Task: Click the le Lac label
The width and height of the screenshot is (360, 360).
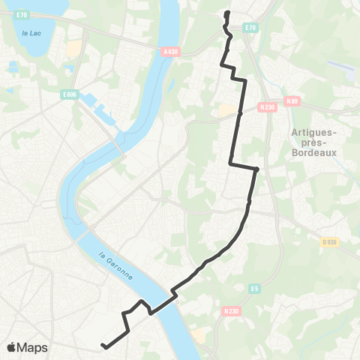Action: pyautogui.click(x=31, y=33)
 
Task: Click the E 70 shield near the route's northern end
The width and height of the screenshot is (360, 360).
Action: pyautogui.click(x=251, y=28)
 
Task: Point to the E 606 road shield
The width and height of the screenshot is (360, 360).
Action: pyautogui.click(x=70, y=94)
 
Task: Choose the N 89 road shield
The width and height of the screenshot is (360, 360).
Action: pyautogui.click(x=292, y=100)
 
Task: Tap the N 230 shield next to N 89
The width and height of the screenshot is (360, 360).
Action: pyautogui.click(x=265, y=107)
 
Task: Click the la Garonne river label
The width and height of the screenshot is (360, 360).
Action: pyautogui.click(x=117, y=266)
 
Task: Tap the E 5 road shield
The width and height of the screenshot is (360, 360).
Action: pyautogui.click(x=255, y=288)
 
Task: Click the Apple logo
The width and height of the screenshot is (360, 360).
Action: pyautogui.click(x=11, y=347)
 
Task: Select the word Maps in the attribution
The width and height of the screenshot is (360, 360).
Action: pyautogui.click(x=33, y=347)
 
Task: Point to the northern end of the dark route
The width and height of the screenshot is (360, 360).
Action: pyautogui.click(x=226, y=13)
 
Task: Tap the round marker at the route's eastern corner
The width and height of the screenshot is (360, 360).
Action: pyautogui.click(x=256, y=169)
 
